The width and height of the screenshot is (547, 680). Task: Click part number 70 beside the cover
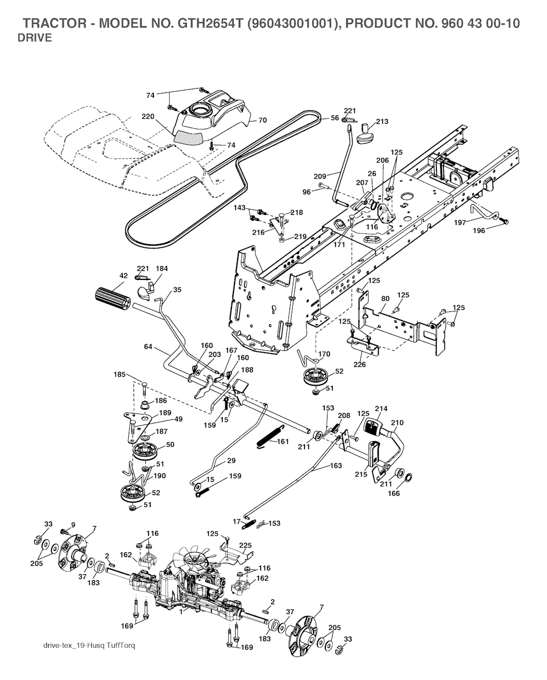262,120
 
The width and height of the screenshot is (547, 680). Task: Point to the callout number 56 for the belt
334,118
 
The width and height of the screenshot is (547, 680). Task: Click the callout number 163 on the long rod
335,466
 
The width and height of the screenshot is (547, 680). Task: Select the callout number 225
245,545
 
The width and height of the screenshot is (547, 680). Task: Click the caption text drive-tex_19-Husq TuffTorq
89,646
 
